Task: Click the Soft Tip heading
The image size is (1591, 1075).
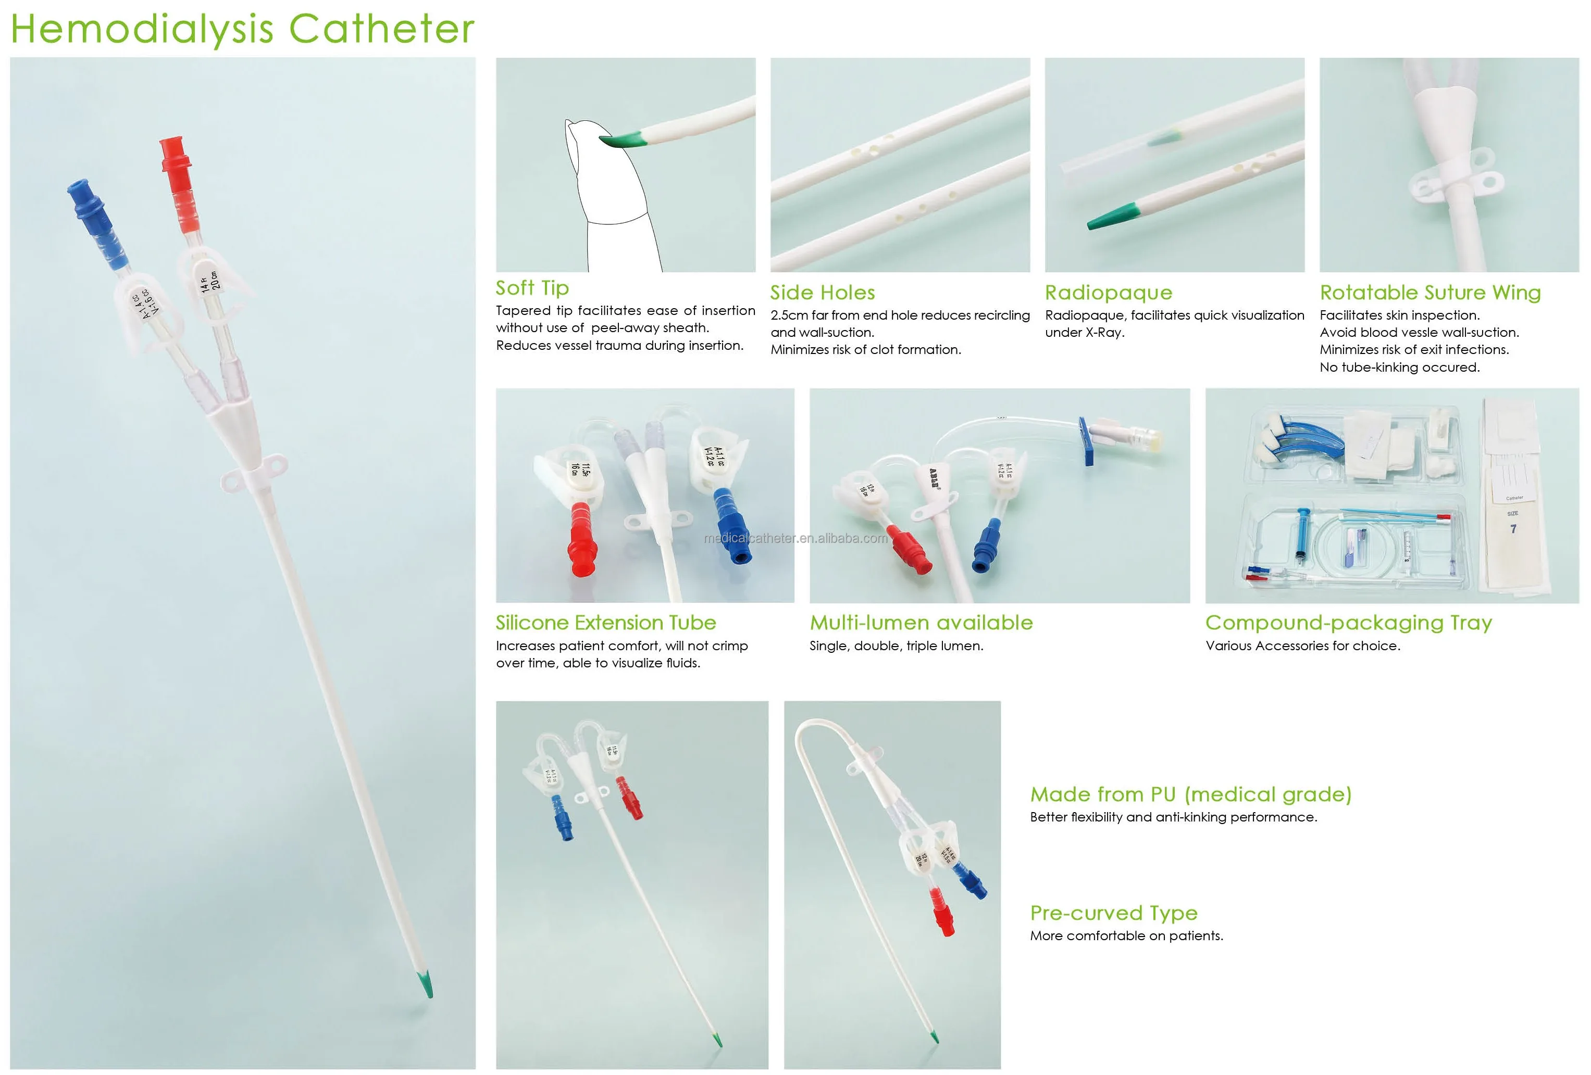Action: click(x=532, y=288)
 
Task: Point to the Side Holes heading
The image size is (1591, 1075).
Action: click(x=822, y=293)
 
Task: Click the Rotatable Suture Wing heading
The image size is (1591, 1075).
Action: click(x=1430, y=293)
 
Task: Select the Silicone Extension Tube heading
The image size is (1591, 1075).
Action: click(x=605, y=623)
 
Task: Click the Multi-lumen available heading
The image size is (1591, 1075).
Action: click(x=921, y=623)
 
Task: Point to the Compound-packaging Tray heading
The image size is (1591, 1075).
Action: click(x=1348, y=623)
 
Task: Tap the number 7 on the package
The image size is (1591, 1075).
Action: click(x=1513, y=529)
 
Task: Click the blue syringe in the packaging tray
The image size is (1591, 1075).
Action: click(x=1301, y=533)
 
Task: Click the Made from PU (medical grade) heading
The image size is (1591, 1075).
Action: click(x=1190, y=794)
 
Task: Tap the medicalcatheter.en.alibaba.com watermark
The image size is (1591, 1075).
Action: click(x=795, y=538)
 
